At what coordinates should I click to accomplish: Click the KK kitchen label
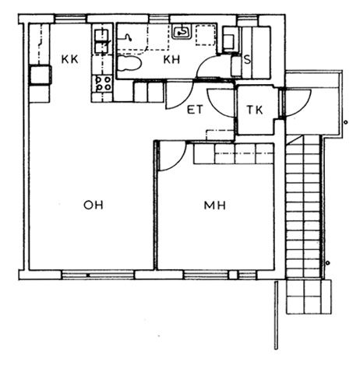69,59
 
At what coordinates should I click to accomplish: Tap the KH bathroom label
171,60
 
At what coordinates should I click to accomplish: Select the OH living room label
94,205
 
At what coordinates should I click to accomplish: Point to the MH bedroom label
215,205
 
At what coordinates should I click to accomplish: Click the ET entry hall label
195,110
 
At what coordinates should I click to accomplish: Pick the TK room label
255,110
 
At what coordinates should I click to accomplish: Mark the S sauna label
248,60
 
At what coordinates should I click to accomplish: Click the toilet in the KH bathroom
129,63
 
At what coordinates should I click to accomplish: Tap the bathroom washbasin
182,32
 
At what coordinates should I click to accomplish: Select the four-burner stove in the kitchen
102,83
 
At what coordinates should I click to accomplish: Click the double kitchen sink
101,41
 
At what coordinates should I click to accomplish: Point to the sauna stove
229,41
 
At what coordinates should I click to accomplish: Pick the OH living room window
98,275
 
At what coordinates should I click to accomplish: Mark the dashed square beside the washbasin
206,35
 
